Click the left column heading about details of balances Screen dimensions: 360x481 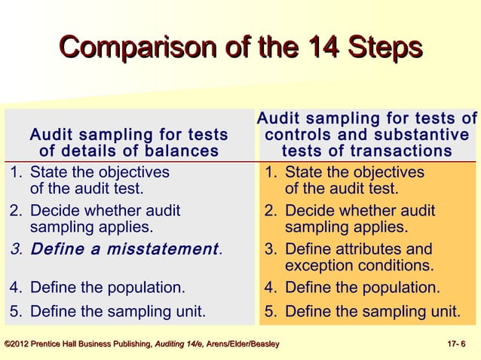point(128,143)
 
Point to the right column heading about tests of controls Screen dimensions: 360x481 point(367,135)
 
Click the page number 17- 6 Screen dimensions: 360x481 point(457,345)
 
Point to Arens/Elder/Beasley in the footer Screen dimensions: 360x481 point(244,345)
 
